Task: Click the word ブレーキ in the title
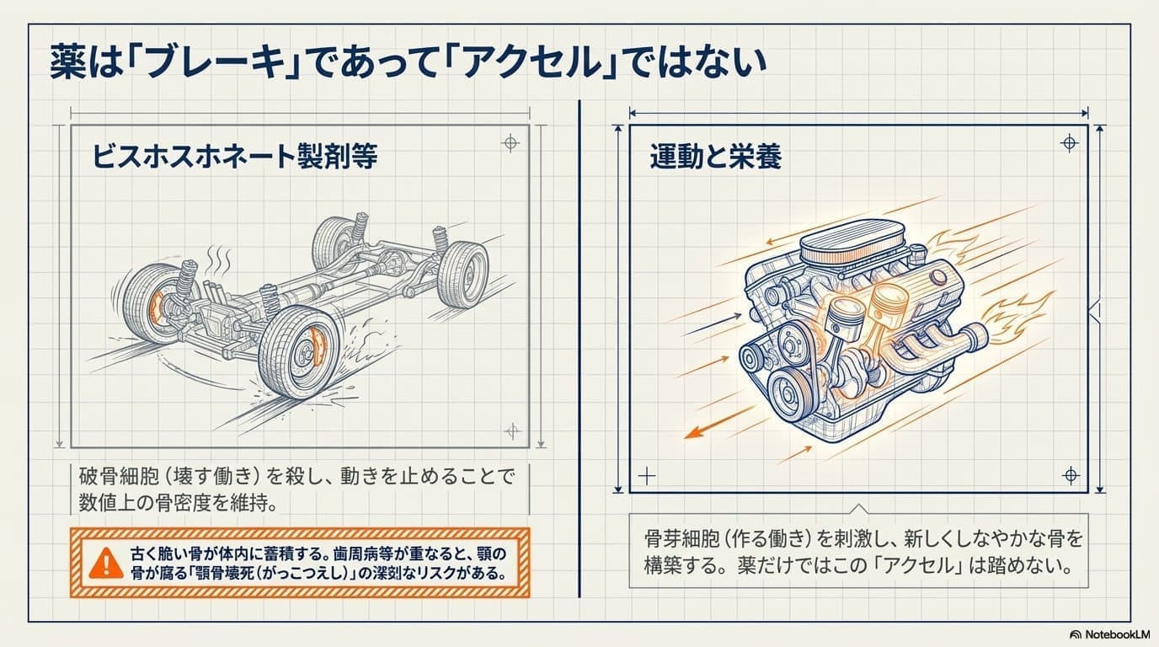216,62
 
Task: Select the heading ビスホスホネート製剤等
235,156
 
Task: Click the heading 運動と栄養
716,156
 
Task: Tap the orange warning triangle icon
106,563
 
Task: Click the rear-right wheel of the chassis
462,275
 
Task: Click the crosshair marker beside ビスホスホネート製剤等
510,143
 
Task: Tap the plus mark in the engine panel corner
647,476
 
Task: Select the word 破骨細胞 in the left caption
119,476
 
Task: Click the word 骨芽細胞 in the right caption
684,539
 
